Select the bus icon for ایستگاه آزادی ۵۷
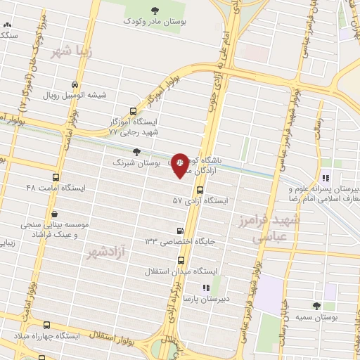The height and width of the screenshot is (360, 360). pos(200,190)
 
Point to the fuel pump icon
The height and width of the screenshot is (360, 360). pos(181,231)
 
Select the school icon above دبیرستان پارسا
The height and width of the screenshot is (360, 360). pos(205,288)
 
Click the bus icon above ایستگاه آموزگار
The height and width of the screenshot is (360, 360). pos(134,111)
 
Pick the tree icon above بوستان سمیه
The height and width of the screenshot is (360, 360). pos(315,306)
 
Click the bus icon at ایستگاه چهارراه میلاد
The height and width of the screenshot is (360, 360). pos(47,325)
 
